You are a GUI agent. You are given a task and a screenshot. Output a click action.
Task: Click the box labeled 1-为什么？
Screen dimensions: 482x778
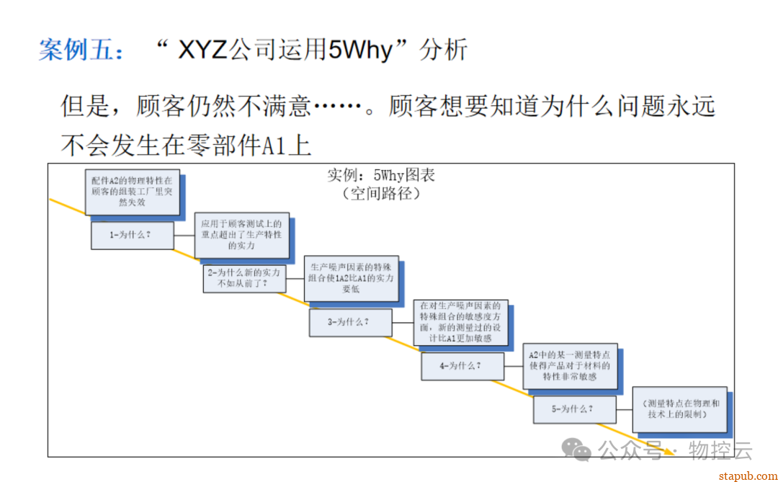click(133, 235)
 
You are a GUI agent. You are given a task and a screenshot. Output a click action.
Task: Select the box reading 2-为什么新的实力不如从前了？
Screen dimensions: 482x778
click(243, 278)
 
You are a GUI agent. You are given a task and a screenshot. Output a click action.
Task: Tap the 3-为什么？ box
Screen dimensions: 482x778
click(350, 322)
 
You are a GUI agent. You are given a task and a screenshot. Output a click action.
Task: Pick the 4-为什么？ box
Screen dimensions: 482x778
click(462, 366)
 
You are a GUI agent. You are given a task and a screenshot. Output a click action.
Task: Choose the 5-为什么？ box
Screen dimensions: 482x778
click(573, 409)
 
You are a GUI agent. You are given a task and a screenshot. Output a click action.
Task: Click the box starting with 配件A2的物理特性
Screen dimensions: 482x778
click(132, 192)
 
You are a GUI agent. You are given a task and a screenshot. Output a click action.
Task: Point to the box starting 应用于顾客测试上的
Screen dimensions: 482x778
click(241, 235)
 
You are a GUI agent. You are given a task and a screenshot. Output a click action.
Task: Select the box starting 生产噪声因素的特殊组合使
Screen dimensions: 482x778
click(351, 278)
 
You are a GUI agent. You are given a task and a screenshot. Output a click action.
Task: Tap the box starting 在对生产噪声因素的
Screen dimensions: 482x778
click(460, 321)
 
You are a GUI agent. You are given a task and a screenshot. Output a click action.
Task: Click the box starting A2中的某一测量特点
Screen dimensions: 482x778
click(570, 365)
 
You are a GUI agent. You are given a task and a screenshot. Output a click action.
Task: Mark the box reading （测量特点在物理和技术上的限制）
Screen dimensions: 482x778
click(679, 409)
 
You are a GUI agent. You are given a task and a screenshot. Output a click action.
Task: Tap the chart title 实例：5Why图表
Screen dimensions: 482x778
click(381, 175)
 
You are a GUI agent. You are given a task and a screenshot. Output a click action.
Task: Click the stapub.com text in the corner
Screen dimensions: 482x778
click(745, 474)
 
